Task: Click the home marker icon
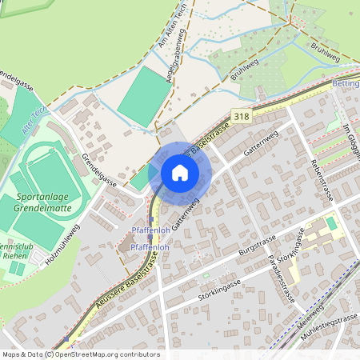coord(180,173)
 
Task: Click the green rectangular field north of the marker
coord(144,95)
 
